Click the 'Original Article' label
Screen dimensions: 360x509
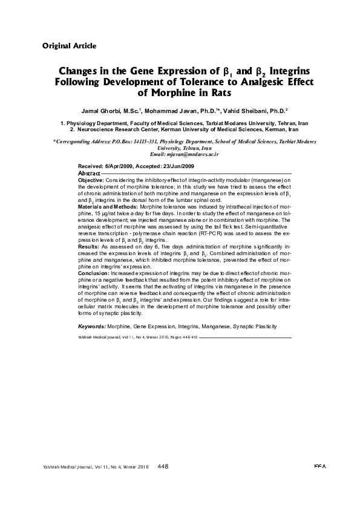70,46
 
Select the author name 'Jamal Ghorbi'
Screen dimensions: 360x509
100,112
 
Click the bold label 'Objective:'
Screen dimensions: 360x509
91,180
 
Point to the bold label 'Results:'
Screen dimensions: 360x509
89,247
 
